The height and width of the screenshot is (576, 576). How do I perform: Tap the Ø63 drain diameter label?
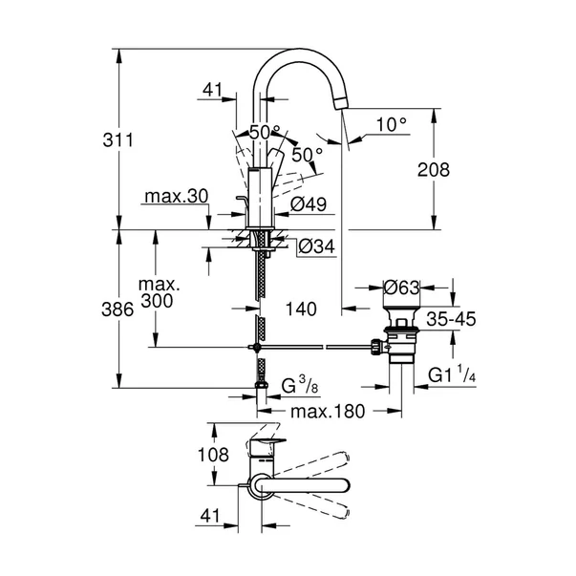[x=403, y=286]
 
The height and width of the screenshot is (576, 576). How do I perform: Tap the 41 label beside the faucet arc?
[x=213, y=91]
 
